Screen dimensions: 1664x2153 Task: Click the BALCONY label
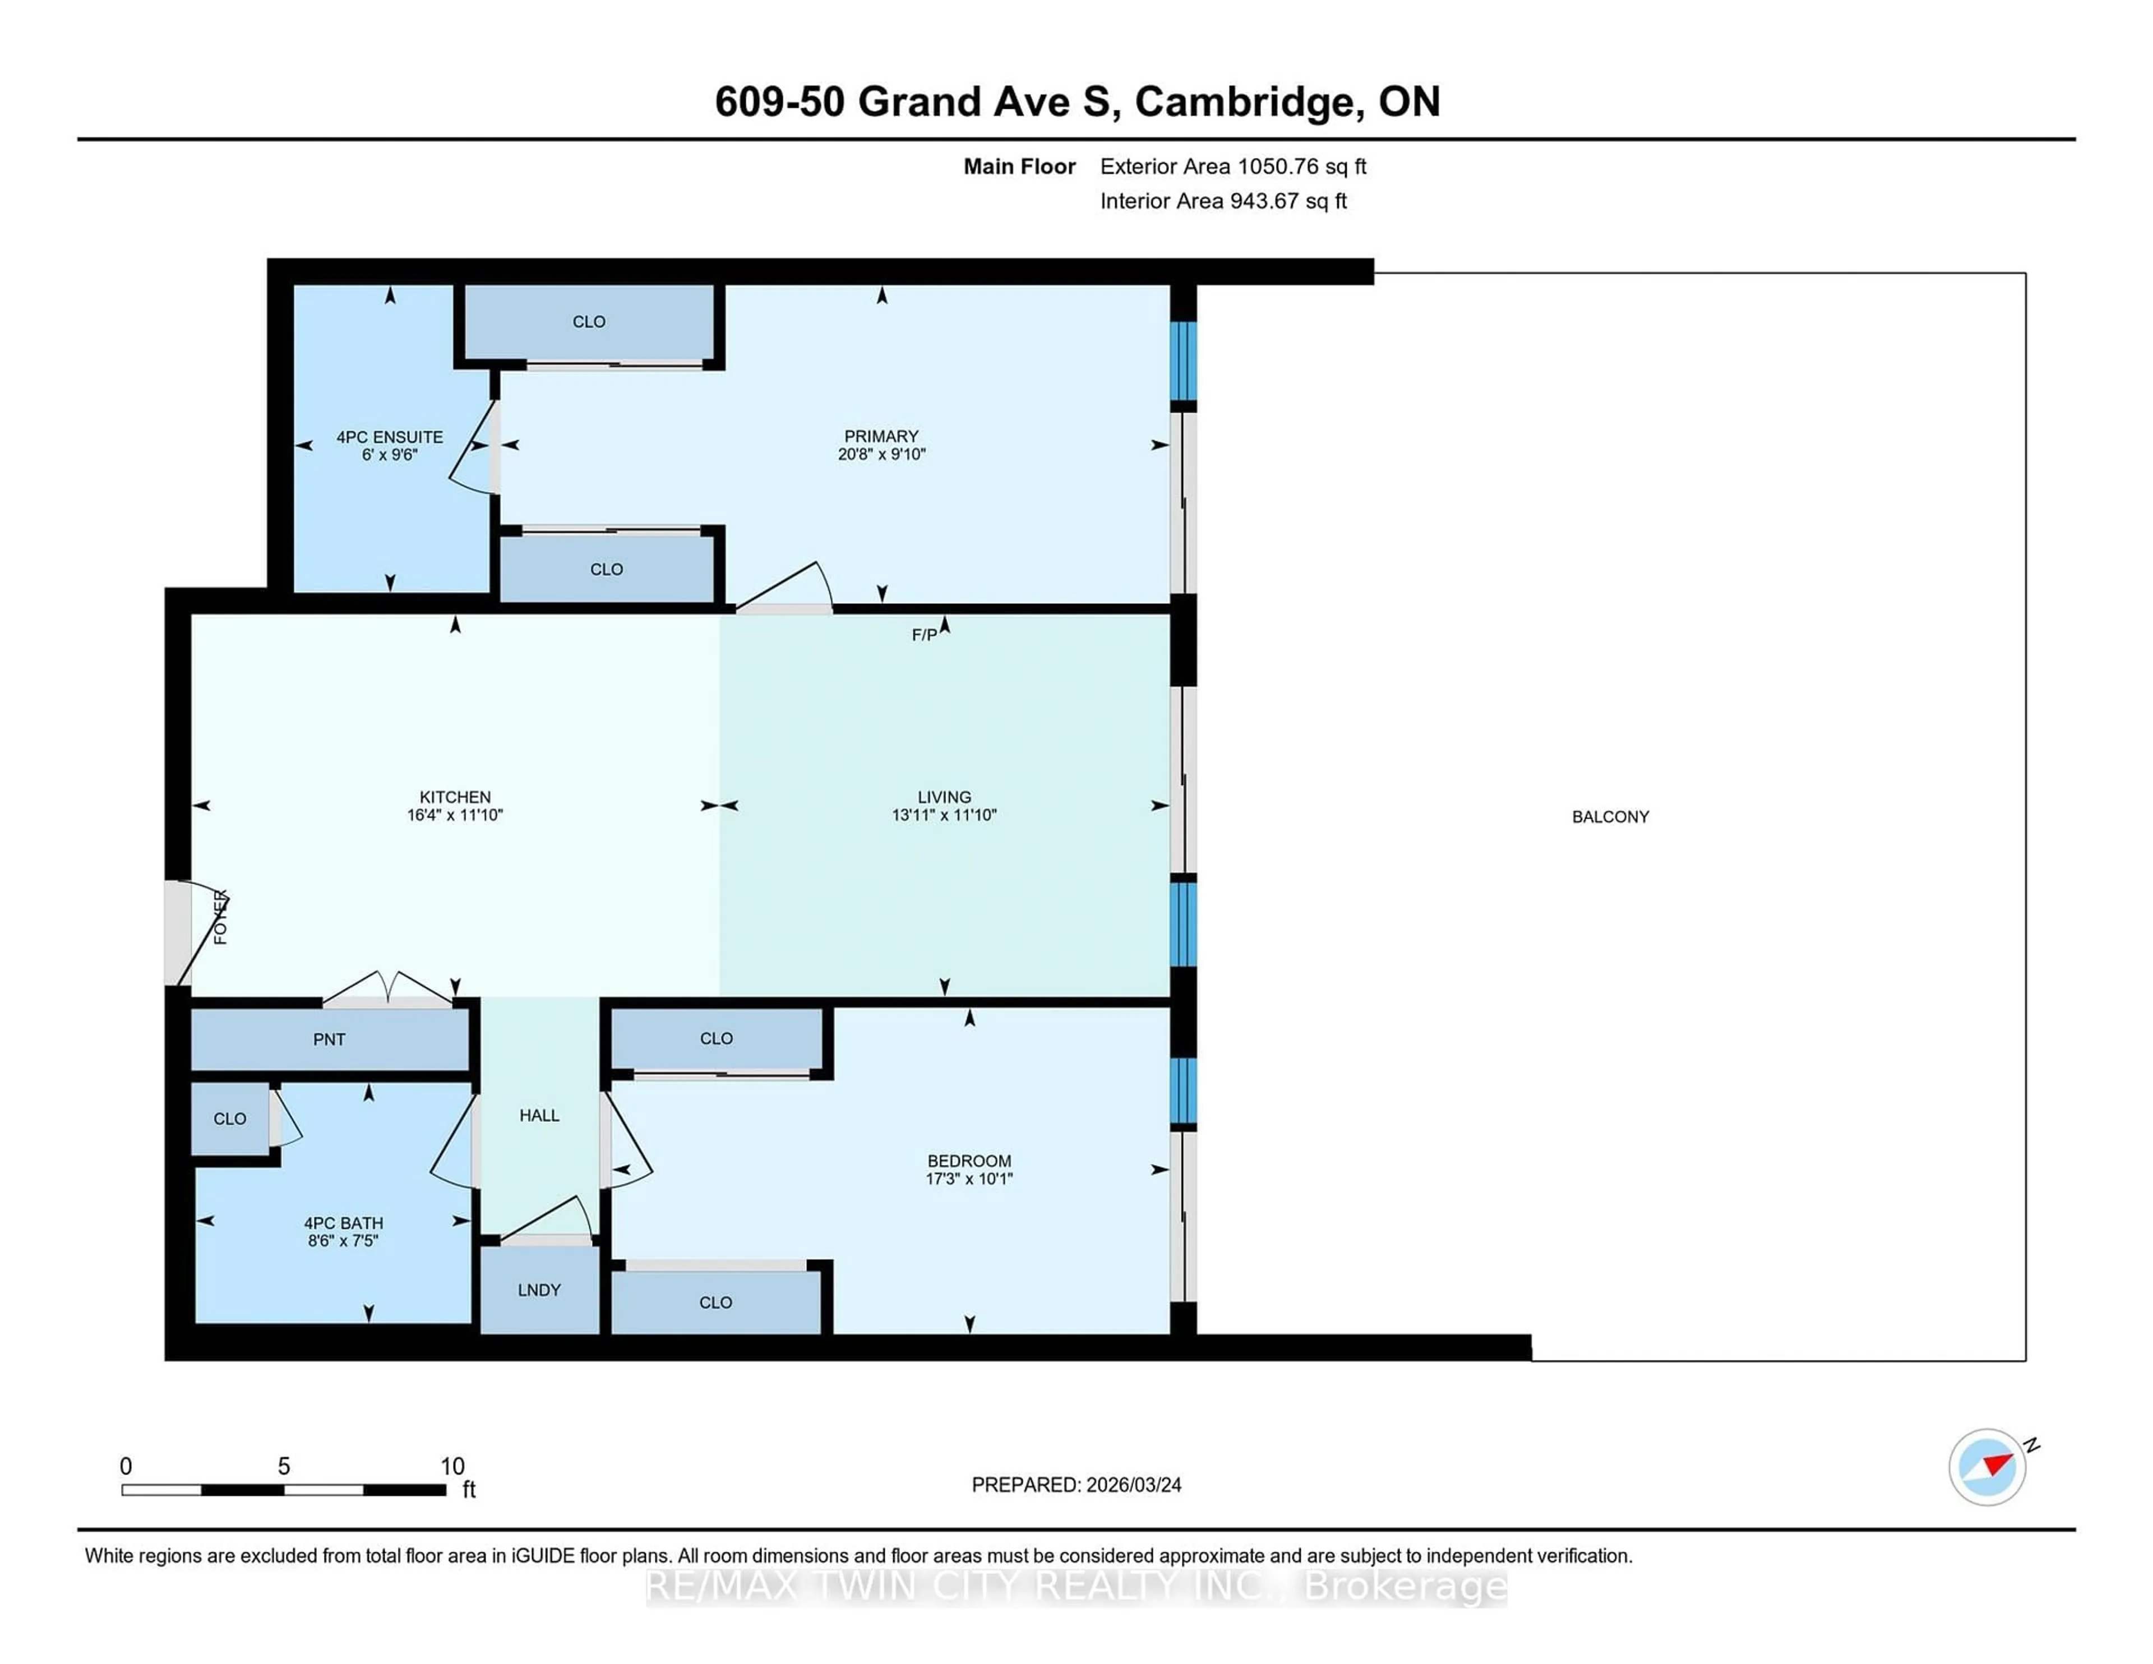coord(1610,816)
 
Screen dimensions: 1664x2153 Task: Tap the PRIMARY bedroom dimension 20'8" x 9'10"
coord(881,455)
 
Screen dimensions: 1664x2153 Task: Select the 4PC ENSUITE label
coord(390,437)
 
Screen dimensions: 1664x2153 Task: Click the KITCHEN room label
coord(455,797)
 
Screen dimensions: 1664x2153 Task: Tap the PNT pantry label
coord(329,1039)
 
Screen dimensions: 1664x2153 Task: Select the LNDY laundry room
coord(539,1289)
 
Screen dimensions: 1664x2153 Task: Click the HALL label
coord(539,1115)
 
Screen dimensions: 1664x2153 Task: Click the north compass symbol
coord(1988,1466)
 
